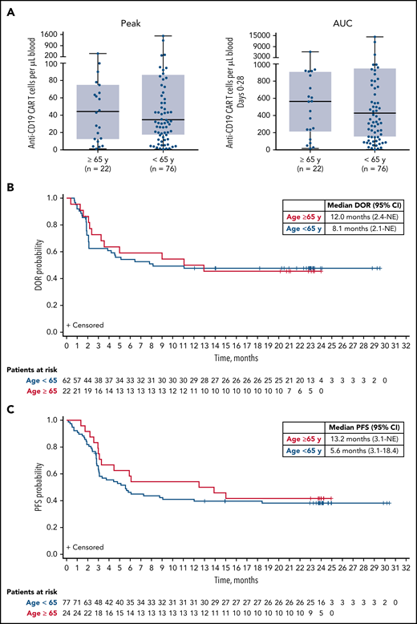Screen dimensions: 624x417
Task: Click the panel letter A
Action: click(x=10, y=9)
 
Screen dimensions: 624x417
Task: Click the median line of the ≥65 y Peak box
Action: click(x=98, y=111)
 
